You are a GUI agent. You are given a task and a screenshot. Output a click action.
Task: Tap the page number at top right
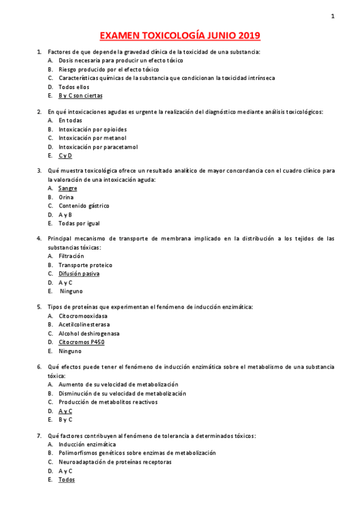tap(332, 16)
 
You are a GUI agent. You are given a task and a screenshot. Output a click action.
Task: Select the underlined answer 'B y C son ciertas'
tap(81, 96)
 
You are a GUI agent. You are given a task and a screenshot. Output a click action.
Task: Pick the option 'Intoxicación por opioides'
tap(93, 129)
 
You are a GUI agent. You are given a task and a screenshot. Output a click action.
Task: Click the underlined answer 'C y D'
tap(65, 155)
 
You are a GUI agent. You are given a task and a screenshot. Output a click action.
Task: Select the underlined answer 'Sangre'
tap(67, 188)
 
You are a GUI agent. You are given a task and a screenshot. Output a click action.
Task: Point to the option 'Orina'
tap(66, 197)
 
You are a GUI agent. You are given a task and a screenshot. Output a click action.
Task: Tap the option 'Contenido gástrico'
tap(84, 206)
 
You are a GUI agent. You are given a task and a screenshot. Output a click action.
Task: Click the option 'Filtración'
tap(72, 256)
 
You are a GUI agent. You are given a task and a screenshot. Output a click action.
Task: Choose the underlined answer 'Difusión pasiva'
tap(79, 274)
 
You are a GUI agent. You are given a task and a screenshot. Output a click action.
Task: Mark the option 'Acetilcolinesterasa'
tap(84, 324)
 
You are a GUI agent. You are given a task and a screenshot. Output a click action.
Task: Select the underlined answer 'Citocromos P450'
tap(81, 342)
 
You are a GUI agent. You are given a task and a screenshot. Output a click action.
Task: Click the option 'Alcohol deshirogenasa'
tap(89, 333)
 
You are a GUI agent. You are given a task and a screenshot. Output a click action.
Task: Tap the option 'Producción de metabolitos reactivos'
tap(108, 402)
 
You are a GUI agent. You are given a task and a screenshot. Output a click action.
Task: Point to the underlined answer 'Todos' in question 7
tap(67, 480)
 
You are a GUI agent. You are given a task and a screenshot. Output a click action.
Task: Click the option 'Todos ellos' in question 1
tap(74, 87)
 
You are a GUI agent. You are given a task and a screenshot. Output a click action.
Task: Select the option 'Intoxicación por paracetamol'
tap(98, 147)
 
